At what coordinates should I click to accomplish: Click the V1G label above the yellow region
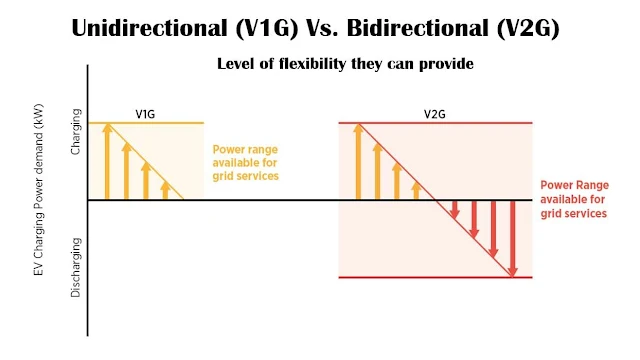tap(146, 114)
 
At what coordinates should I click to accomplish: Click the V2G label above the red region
tap(434, 114)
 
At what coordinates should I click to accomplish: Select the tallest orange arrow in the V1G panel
tap(107, 162)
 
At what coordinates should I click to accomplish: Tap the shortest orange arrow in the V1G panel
tap(165, 190)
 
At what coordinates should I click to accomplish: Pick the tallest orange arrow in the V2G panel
tap(358, 162)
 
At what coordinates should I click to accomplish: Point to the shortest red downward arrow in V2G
tap(455, 210)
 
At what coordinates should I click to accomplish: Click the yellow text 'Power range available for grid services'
tap(245, 162)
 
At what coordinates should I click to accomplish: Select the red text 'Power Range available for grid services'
tap(573, 199)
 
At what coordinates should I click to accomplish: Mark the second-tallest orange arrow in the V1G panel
tap(126, 171)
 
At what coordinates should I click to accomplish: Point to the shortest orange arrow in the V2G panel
tap(416, 190)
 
